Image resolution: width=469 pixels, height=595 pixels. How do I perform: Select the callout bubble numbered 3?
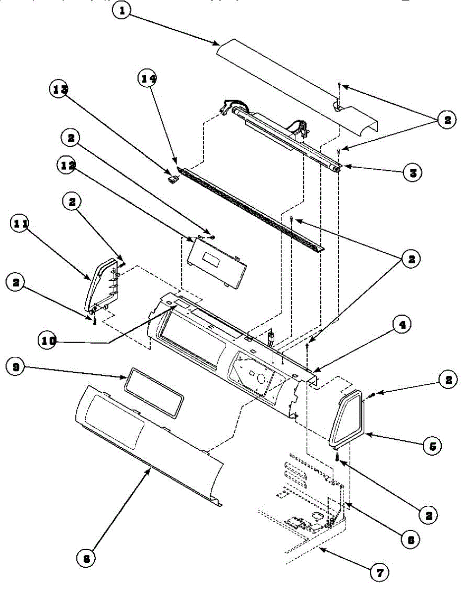[x=412, y=173]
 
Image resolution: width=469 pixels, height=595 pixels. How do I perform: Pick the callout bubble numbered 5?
[x=432, y=446]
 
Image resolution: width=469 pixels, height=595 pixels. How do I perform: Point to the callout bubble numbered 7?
[x=379, y=573]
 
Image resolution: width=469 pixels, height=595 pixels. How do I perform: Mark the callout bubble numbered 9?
[x=16, y=367]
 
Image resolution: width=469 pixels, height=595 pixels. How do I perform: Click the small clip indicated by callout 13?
[x=174, y=179]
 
